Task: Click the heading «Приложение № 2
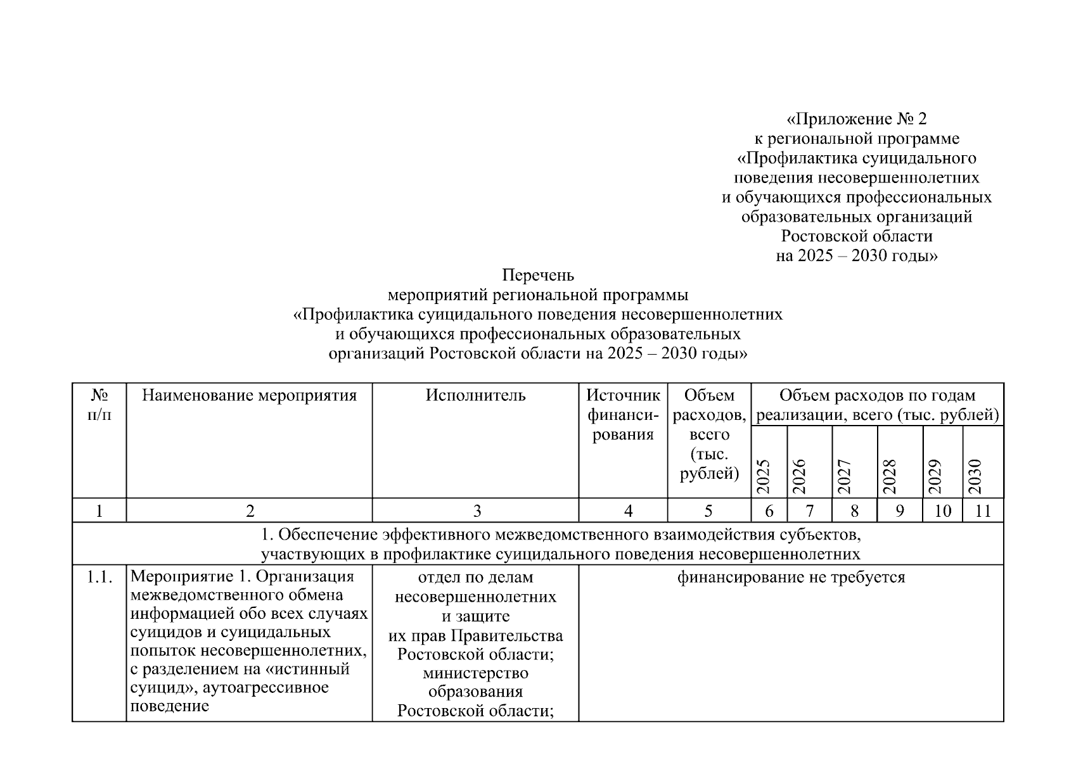(x=856, y=118)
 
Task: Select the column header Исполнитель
(x=475, y=396)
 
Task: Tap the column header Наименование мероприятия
(x=249, y=396)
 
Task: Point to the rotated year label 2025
(x=764, y=476)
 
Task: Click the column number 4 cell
(x=628, y=510)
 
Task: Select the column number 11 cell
(x=983, y=510)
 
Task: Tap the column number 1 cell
(x=99, y=510)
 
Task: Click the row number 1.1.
(x=99, y=578)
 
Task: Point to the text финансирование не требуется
(x=791, y=578)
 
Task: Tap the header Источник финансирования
(x=623, y=415)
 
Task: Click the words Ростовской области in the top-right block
(x=856, y=236)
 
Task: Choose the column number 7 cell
(x=809, y=510)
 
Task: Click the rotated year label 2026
(x=800, y=476)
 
